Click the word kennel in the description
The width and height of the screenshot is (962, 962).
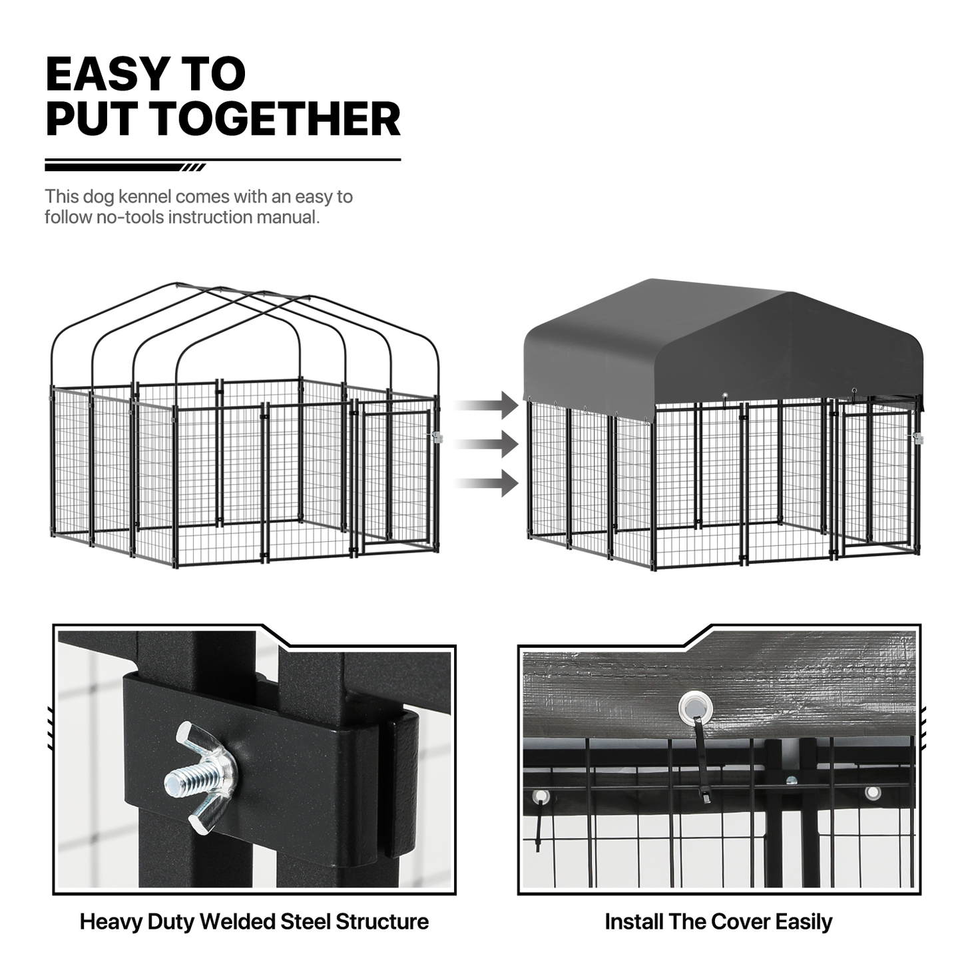144,196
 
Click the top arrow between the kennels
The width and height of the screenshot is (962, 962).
486,405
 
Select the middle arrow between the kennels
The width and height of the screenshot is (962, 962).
486,444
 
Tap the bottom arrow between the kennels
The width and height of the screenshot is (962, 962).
486,483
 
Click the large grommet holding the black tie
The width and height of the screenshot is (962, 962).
695,708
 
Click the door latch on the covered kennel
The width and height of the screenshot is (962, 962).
917,439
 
